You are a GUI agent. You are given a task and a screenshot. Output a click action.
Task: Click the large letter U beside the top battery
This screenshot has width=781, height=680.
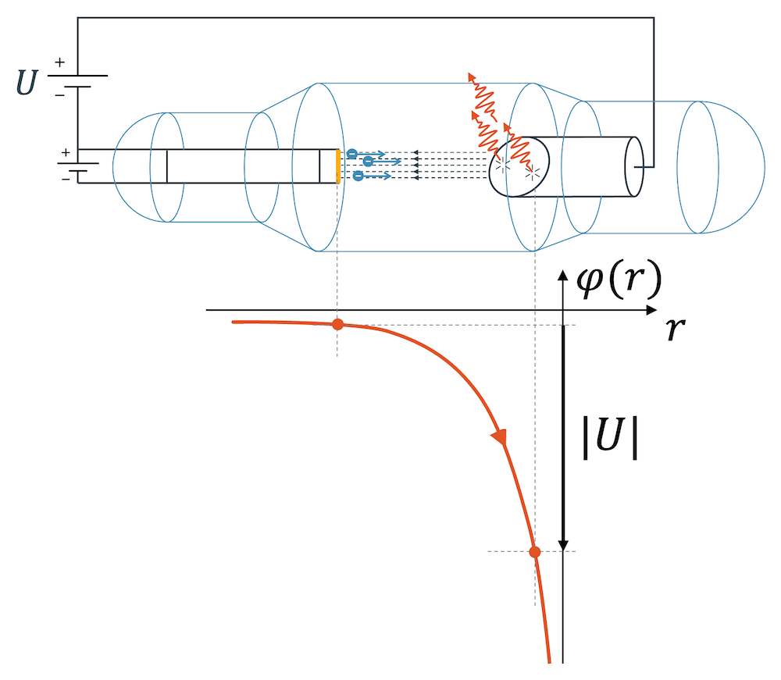(x=27, y=82)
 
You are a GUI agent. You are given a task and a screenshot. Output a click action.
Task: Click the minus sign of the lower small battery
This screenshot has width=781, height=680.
(x=66, y=179)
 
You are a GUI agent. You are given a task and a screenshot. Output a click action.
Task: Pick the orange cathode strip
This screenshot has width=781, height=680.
(x=337, y=166)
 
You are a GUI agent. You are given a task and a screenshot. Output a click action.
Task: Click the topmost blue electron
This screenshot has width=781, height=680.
(x=351, y=154)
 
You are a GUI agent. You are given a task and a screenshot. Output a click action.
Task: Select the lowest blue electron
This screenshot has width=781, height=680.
(x=357, y=176)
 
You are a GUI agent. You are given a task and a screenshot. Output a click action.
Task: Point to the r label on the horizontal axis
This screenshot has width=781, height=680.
(x=676, y=329)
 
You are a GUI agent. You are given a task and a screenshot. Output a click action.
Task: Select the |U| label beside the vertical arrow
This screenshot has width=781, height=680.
(x=610, y=442)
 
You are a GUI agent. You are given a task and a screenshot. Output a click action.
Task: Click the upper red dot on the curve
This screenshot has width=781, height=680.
(x=337, y=325)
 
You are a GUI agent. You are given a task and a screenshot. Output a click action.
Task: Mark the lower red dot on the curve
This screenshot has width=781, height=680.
(x=535, y=552)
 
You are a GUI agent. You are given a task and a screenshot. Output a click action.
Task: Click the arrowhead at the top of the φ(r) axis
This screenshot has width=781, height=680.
(x=562, y=273)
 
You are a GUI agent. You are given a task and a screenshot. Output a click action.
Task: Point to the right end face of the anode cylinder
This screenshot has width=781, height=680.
(x=635, y=166)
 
